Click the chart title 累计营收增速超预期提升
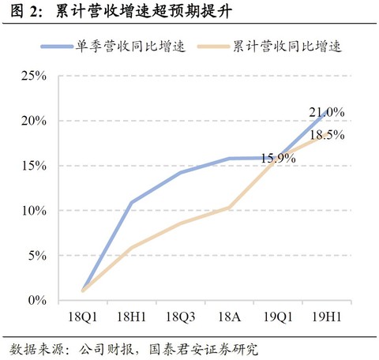click(x=146, y=12)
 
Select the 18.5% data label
click(x=327, y=135)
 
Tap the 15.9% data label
click(x=277, y=159)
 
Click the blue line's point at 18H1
click(x=131, y=203)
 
